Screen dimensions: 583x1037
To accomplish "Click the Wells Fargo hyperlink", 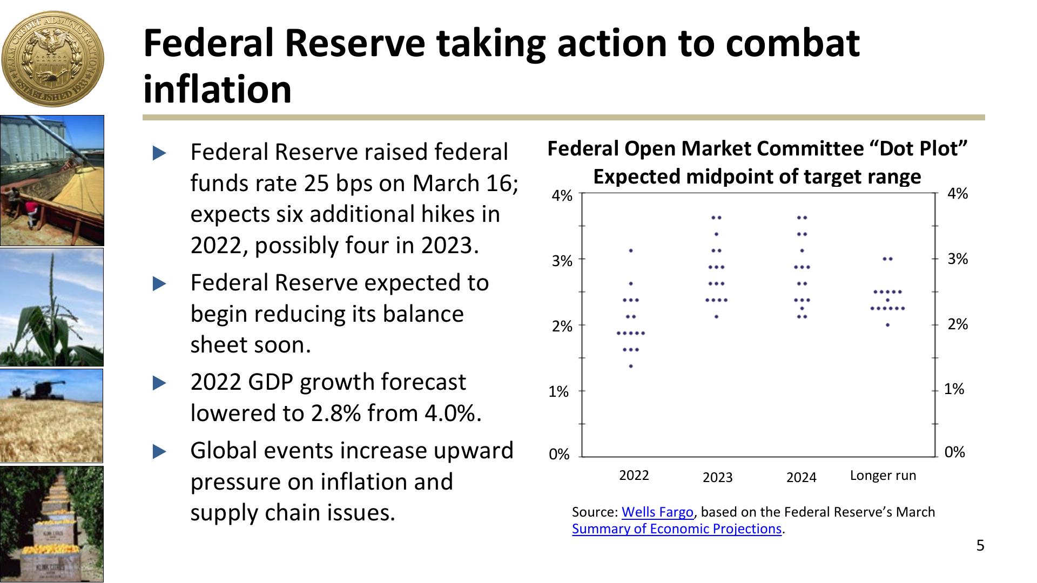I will [657, 512].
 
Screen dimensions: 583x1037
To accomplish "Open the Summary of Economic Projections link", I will [676, 528].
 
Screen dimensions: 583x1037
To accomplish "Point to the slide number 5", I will [980, 546].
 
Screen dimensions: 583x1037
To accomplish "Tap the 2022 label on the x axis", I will [634, 476].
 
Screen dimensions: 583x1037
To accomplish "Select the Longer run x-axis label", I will [883, 476].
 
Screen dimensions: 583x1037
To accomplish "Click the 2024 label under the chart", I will [801, 477].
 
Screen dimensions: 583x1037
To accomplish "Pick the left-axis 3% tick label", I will [562, 261].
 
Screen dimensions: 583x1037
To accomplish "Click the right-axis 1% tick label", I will [954, 389].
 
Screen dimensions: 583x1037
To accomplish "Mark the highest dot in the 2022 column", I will [631, 250].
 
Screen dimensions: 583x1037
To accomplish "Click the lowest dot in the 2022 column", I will [631, 366].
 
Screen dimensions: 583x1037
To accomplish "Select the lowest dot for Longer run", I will [887, 325].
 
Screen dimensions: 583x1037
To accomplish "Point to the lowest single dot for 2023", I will [717, 316].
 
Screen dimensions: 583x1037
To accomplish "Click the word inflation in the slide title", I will [217, 89].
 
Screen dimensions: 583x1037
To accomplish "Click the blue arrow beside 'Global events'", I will [159, 451].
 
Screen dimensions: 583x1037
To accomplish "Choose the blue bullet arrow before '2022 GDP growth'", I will [159, 383].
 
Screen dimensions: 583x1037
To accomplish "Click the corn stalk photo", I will [52, 308].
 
